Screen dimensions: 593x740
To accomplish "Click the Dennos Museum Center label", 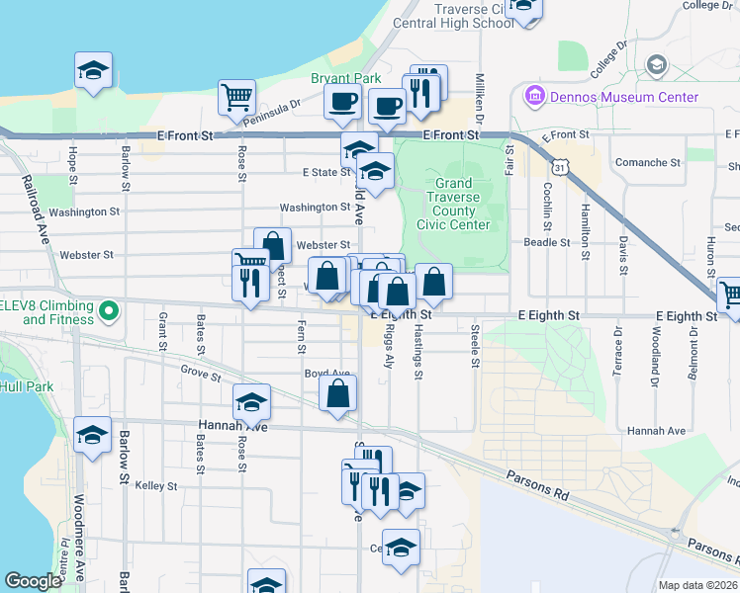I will (x=624, y=97).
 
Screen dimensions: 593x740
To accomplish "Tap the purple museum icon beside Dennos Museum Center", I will (x=535, y=97).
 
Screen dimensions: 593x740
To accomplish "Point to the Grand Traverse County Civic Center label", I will (x=454, y=205).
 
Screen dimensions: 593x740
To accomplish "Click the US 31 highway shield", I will (x=561, y=168).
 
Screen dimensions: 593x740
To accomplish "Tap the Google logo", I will (x=33, y=581).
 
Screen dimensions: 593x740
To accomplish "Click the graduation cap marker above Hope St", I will (x=93, y=70).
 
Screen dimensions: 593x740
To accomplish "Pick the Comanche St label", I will (x=647, y=162).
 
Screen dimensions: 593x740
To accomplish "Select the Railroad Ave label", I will (x=36, y=210).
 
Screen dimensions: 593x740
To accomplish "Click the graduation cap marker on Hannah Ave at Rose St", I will (x=252, y=401).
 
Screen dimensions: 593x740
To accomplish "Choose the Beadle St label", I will (x=547, y=242).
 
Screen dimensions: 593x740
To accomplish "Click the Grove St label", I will (x=201, y=373).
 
